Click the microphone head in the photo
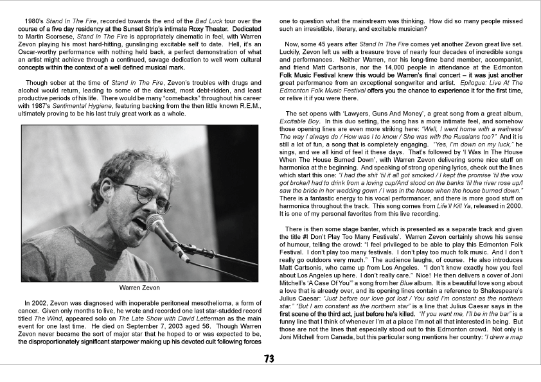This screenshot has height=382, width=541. click(155, 223)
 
